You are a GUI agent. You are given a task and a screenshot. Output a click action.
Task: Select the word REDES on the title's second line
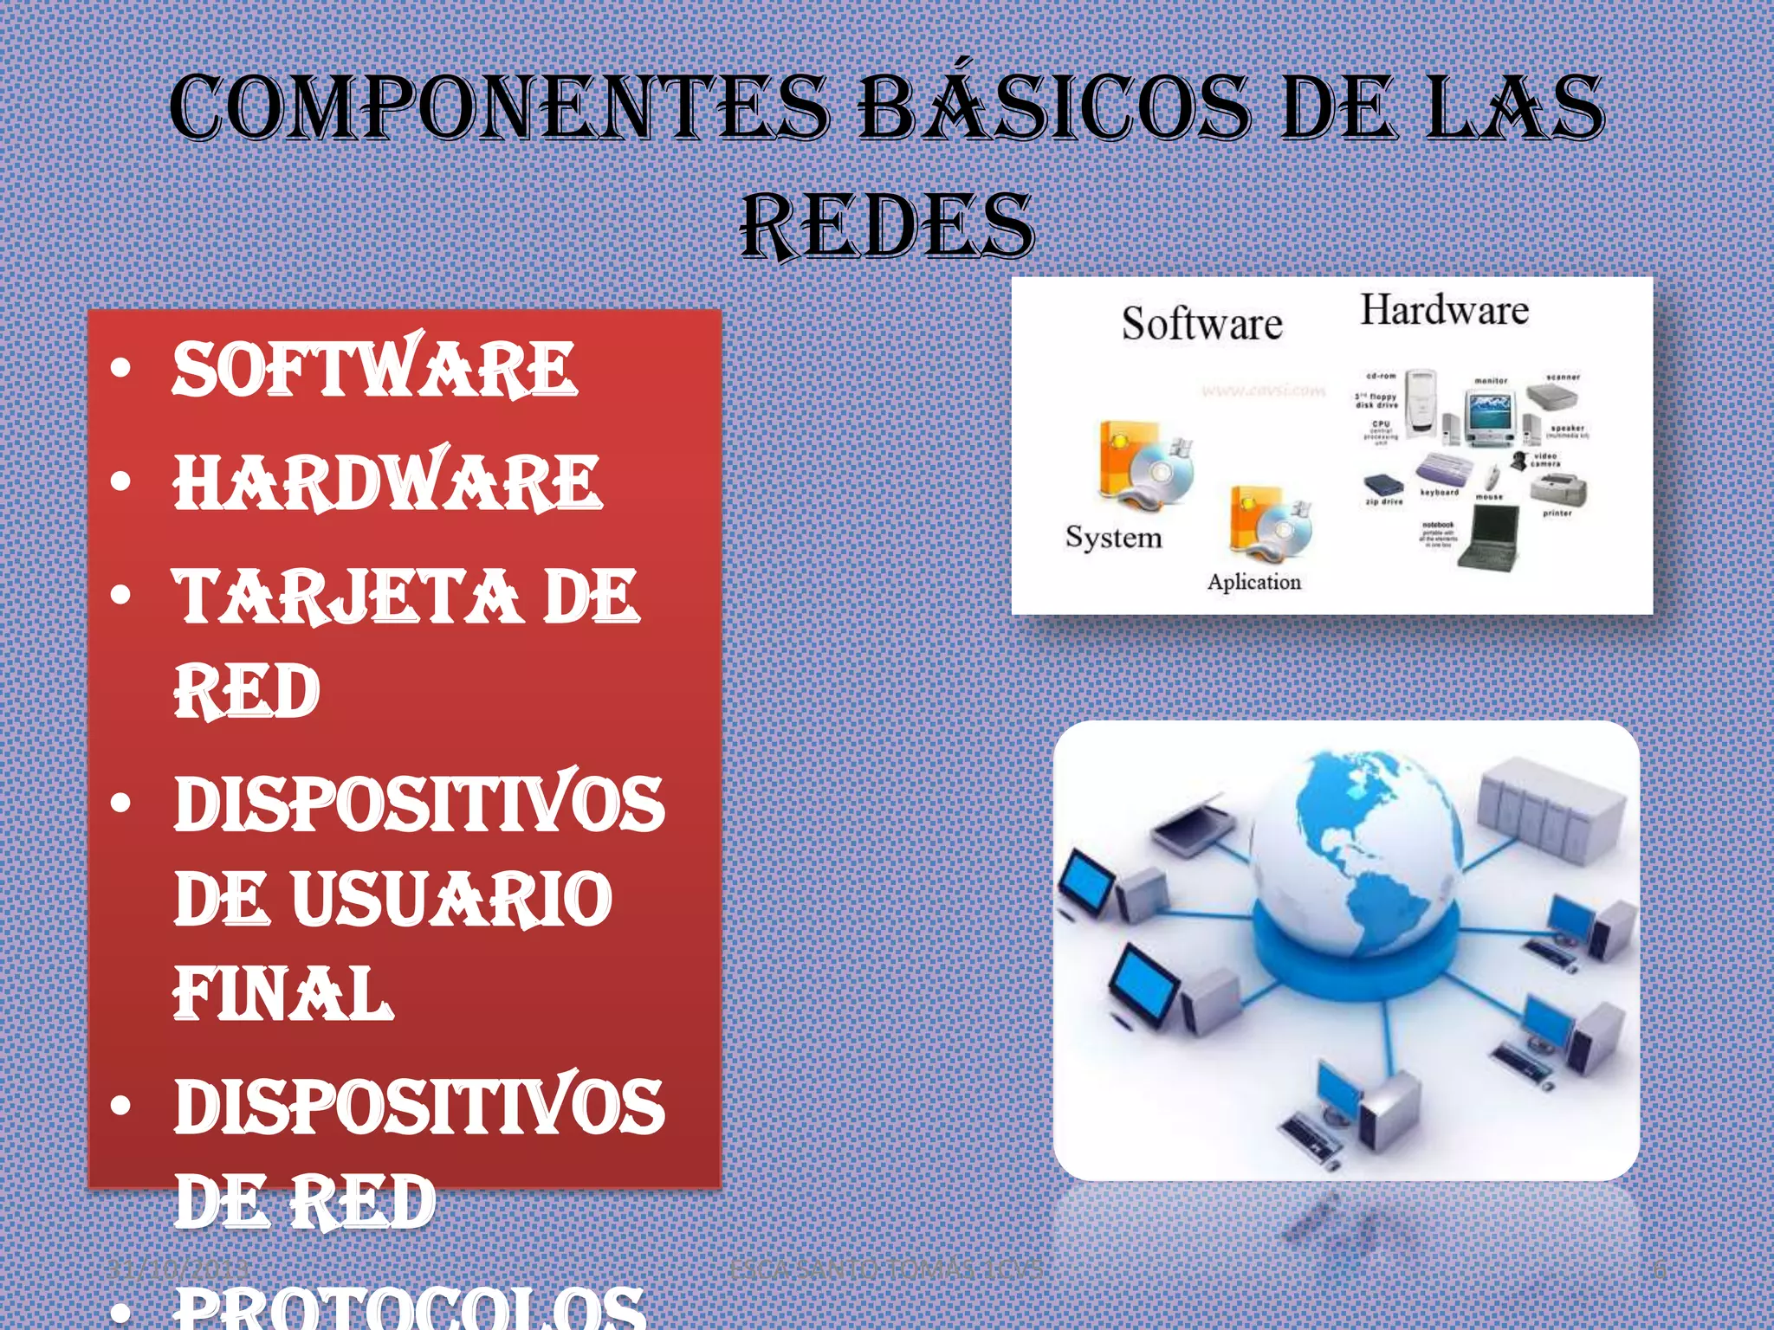(x=887, y=226)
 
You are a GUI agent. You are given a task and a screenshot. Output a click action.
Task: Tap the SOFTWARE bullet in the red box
(x=374, y=369)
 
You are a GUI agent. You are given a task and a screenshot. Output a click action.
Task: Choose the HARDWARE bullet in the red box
(x=387, y=481)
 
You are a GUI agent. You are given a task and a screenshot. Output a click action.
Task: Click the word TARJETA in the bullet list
(x=346, y=597)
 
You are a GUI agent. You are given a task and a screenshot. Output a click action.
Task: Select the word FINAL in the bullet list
(x=283, y=993)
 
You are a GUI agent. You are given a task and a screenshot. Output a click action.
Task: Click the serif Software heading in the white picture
(x=1201, y=324)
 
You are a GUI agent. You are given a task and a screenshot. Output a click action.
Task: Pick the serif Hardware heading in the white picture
(x=1444, y=310)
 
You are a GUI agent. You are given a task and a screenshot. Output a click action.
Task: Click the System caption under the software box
(x=1113, y=538)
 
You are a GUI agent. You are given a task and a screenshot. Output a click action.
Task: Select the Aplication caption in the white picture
(x=1254, y=582)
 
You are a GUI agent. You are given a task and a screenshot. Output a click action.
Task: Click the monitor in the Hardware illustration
(x=1490, y=416)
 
